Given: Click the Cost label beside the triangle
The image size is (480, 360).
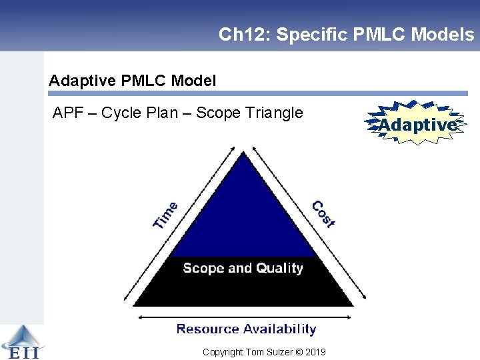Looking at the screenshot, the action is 323,214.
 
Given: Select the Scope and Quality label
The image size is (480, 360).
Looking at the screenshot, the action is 243,268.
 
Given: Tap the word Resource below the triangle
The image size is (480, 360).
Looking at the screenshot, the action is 207,329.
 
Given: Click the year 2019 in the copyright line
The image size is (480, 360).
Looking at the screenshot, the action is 315,352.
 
